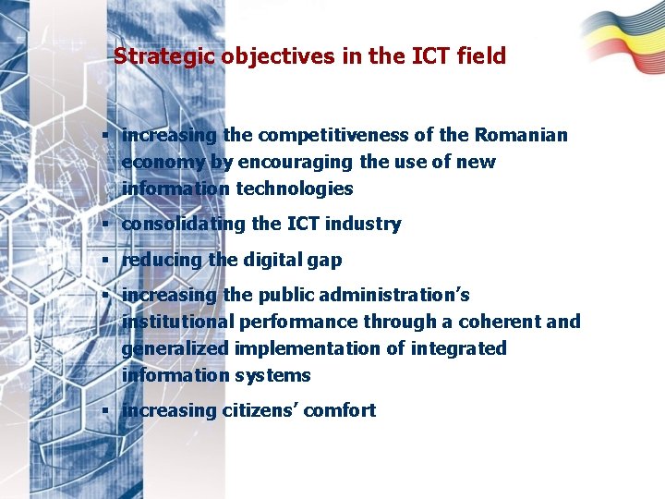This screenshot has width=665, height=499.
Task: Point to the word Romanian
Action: [521, 136]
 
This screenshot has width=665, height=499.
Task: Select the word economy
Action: [163, 163]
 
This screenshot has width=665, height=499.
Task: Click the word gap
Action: [325, 261]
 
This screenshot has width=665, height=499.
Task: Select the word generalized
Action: [176, 349]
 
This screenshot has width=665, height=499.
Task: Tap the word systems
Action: [272, 376]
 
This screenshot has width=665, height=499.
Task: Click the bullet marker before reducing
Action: [108, 260]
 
